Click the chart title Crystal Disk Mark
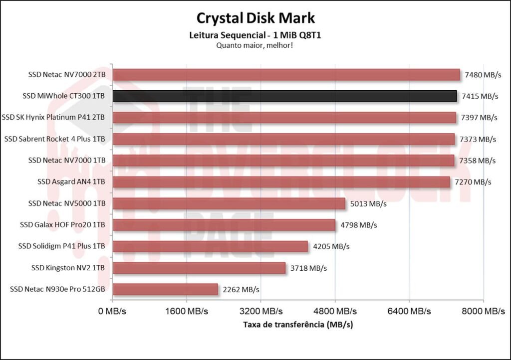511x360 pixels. click(x=255, y=18)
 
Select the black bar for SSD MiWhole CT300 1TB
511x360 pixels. click(x=284, y=96)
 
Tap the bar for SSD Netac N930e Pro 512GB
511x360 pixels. click(x=165, y=289)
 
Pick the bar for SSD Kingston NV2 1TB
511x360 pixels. click(x=199, y=268)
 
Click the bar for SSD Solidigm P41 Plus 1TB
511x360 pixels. click(x=210, y=246)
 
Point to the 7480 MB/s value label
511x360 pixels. click(x=483, y=75)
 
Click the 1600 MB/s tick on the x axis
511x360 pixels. click(x=186, y=311)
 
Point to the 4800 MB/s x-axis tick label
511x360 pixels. click(x=335, y=311)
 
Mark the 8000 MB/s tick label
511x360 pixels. click(x=483, y=311)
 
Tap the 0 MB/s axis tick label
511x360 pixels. click(x=112, y=311)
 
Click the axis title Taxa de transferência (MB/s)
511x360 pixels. click(x=298, y=325)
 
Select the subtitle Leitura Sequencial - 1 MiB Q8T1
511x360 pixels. click(x=255, y=35)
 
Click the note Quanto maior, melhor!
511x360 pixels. click(x=255, y=45)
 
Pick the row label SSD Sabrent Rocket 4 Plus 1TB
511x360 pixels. click(x=54, y=139)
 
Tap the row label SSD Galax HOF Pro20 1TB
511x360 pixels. click(x=62, y=225)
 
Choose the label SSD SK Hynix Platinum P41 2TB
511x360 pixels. click(x=53, y=118)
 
